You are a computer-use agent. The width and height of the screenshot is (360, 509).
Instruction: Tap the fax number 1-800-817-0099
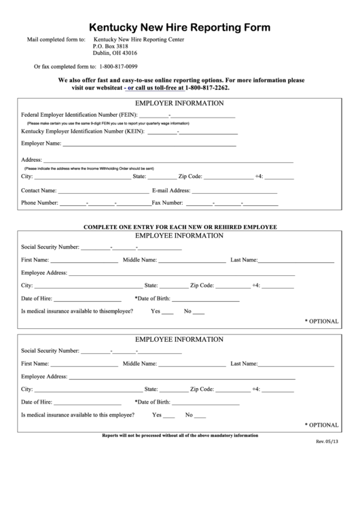pyautogui.click(x=118, y=66)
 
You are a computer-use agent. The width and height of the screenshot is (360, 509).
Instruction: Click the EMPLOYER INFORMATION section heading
pyautogui.click(x=179, y=103)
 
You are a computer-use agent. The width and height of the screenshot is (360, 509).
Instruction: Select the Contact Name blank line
pyautogui.click(x=102, y=192)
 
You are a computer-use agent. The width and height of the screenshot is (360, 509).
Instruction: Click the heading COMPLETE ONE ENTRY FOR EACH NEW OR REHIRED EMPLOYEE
pyautogui.click(x=180, y=226)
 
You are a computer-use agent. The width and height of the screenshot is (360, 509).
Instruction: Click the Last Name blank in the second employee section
pyautogui.click(x=296, y=365)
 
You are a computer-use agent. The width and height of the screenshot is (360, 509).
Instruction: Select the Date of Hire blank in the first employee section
pyautogui.click(x=88, y=300)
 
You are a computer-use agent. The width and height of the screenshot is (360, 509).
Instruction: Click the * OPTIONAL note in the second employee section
pyautogui.click(x=321, y=425)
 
